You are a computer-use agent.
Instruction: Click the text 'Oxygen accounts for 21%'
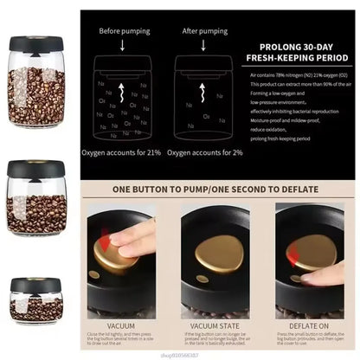pyautogui.click(x=122, y=152)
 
